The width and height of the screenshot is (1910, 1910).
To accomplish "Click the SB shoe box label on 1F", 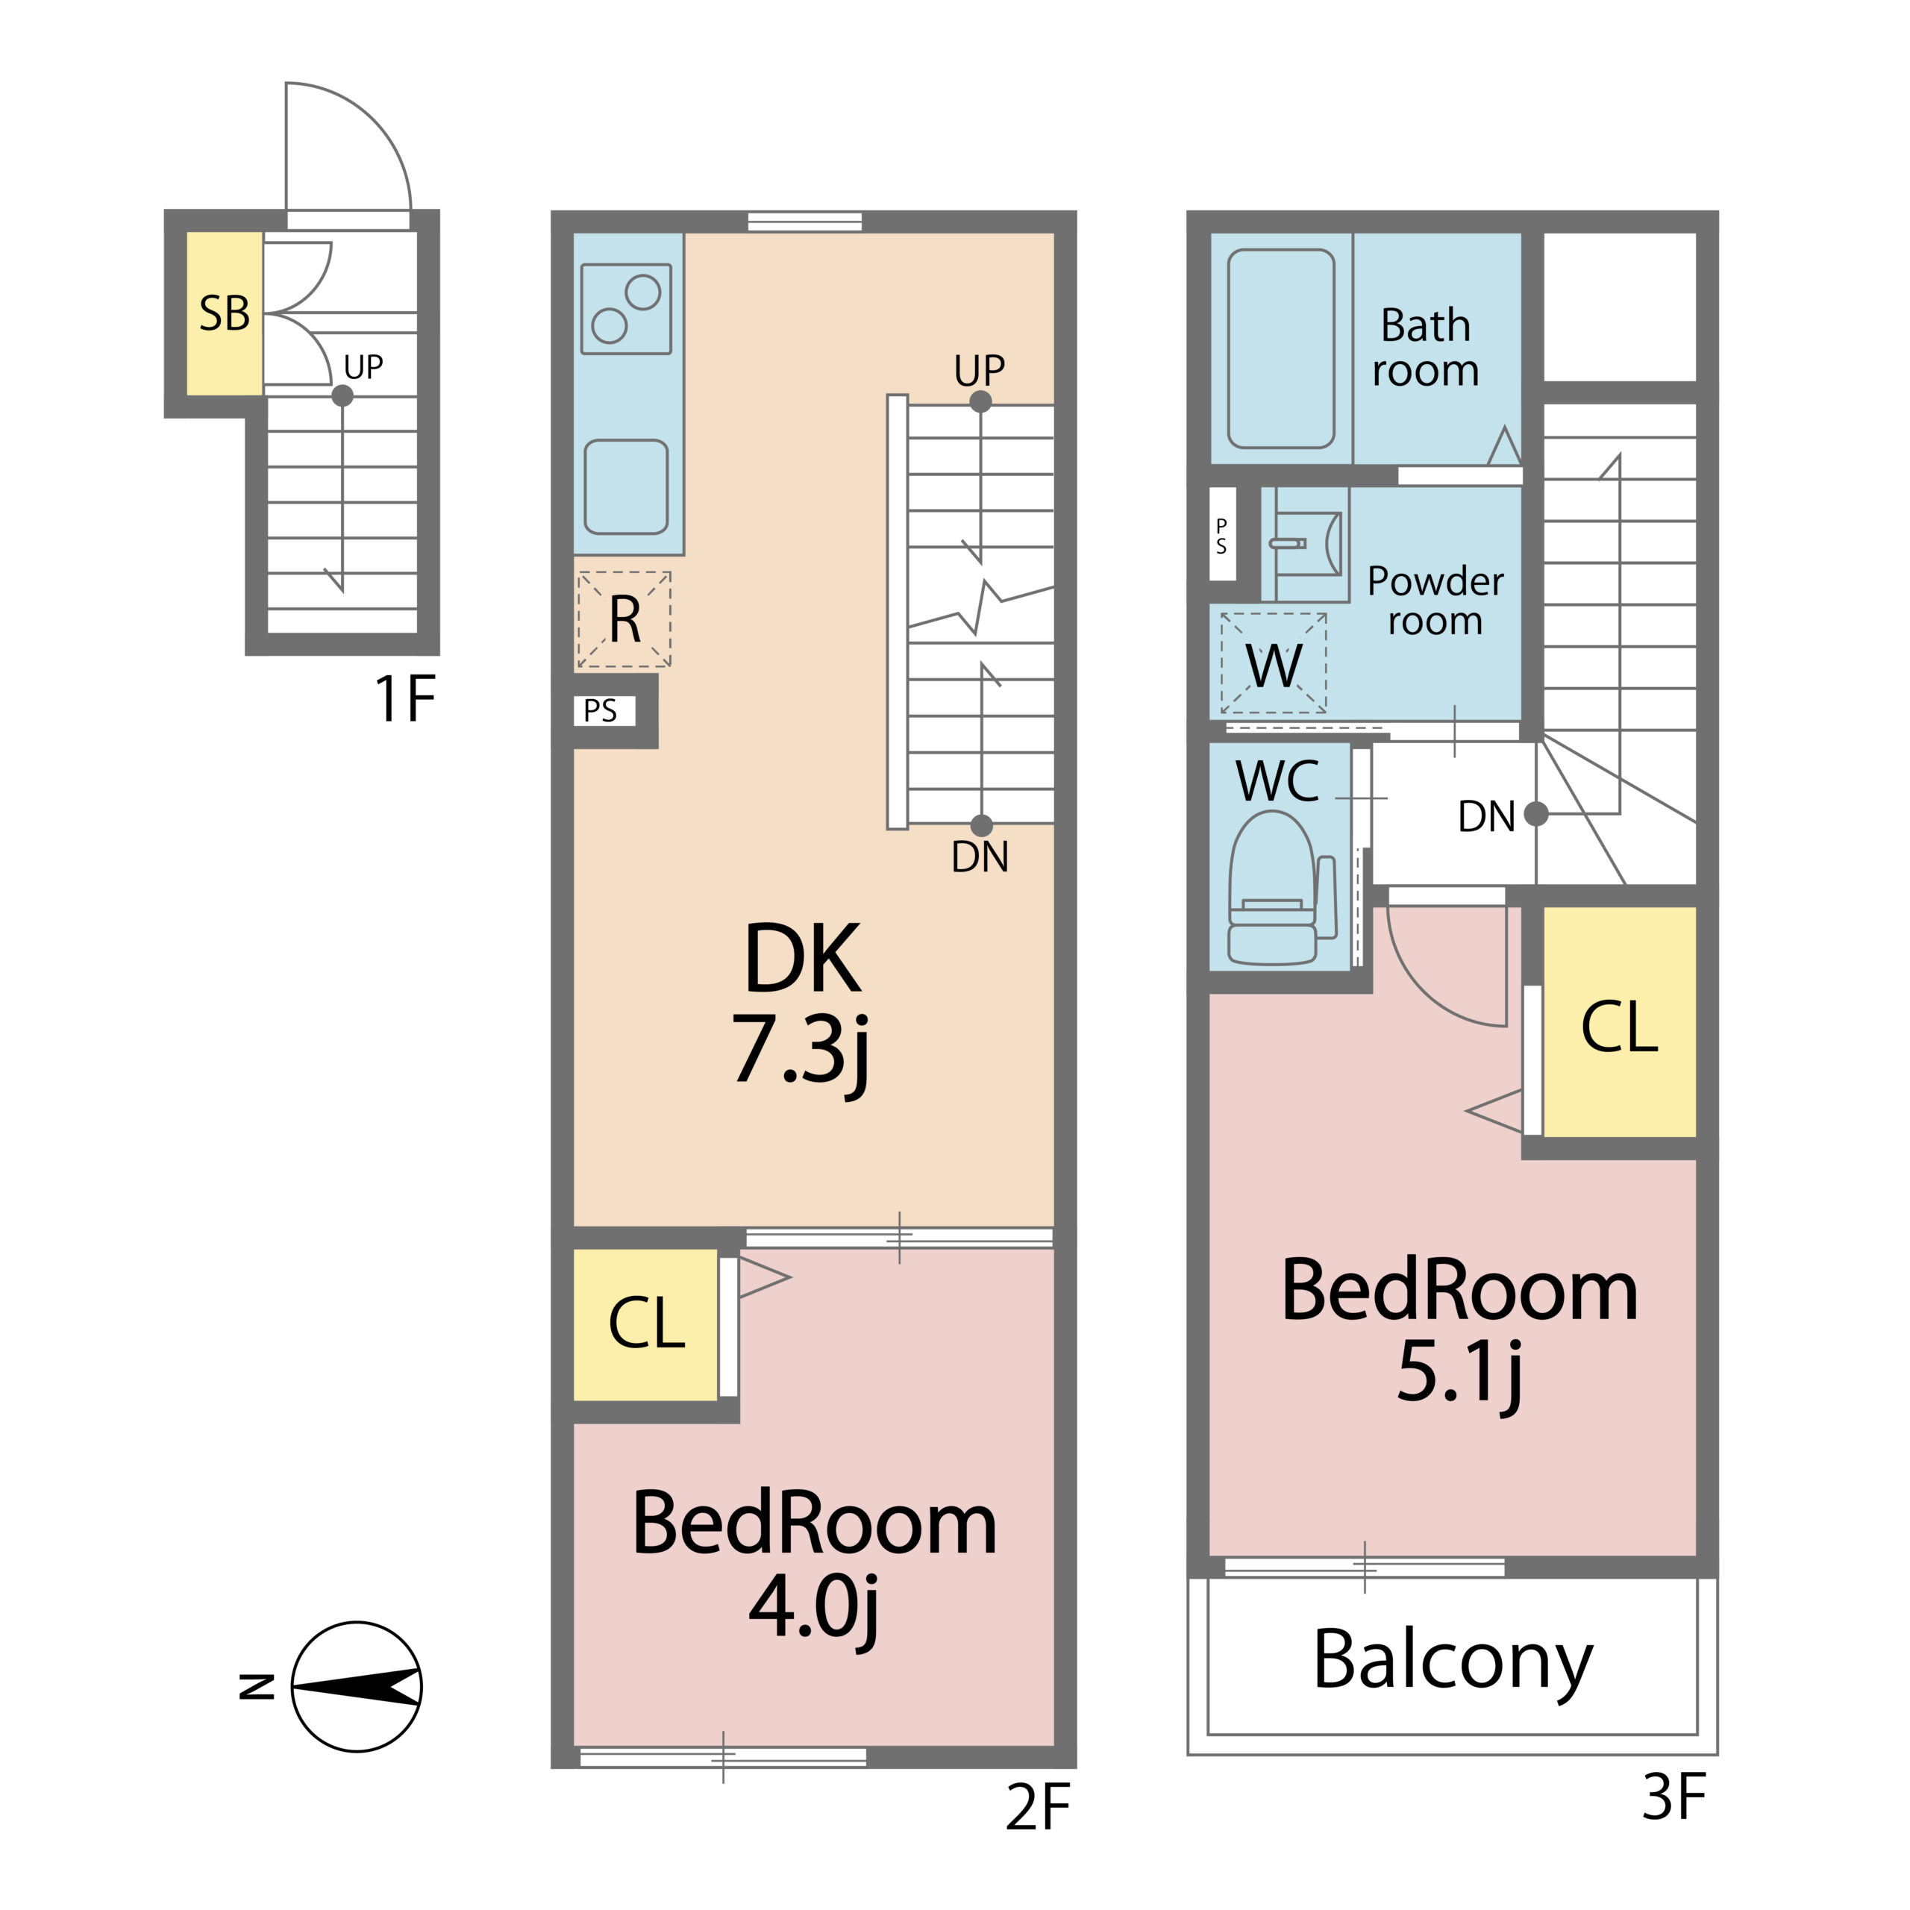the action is point(225,313).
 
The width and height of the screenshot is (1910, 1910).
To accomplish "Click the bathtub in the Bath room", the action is point(1281,348).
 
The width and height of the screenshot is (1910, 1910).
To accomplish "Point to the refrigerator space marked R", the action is point(624,619).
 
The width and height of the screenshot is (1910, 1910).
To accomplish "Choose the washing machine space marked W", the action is point(1274,663).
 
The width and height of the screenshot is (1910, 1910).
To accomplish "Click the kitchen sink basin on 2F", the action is point(626,486).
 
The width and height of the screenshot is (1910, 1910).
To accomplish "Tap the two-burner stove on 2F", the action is point(626,308).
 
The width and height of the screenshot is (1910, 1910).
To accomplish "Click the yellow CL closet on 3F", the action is point(1619,1022).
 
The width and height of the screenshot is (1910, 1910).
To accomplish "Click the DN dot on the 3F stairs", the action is point(1535,814).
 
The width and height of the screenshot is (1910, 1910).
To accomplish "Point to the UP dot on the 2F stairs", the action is point(980,401).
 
